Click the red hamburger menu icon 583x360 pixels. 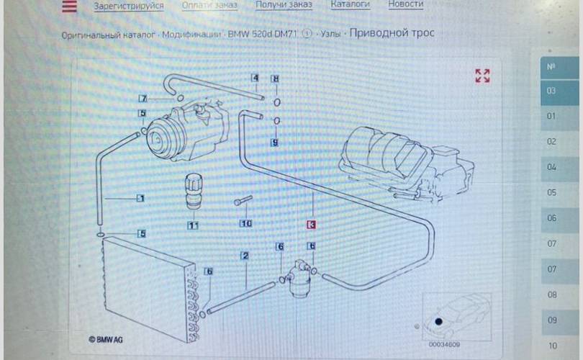tap(68, 6)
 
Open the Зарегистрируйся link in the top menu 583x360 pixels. tap(128, 6)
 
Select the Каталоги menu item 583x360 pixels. tap(350, 4)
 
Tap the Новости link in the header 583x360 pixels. tap(405, 4)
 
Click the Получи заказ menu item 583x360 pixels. tap(284, 5)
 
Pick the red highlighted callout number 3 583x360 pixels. tap(312, 224)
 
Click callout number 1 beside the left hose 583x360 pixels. tap(141, 198)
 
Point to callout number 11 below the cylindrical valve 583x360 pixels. tap(193, 225)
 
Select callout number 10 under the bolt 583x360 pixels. tap(246, 224)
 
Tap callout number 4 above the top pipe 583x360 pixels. tap(255, 78)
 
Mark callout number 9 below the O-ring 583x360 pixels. tap(274, 143)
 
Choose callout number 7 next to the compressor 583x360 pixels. tap(143, 99)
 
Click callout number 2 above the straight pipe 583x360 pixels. tap(245, 256)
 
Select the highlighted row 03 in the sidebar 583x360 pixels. tap(551, 91)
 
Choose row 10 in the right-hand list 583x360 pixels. tap(552, 346)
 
